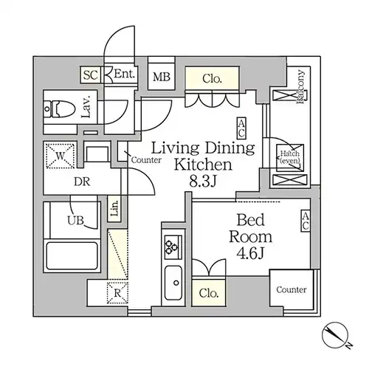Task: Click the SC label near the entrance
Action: (91, 75)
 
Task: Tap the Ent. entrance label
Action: (125, 74)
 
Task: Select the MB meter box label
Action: (162, 77)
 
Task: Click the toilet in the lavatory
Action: (59, 108)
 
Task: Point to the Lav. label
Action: (86, 107)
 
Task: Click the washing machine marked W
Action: (61, 156)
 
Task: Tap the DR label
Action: (82, 182)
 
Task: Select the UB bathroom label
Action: (75, 220)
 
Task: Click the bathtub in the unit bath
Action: (72, 256)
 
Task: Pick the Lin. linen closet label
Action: (114, 209)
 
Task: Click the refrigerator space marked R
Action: (117, 293)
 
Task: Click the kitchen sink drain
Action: (176, 283)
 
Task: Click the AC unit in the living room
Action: (241, 128)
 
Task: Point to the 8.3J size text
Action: (203, 182)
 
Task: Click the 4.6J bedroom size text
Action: (250, 253)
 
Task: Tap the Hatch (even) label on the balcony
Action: (290, 157)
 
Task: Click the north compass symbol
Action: (335, 335)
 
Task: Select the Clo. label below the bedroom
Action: (209, 293)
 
